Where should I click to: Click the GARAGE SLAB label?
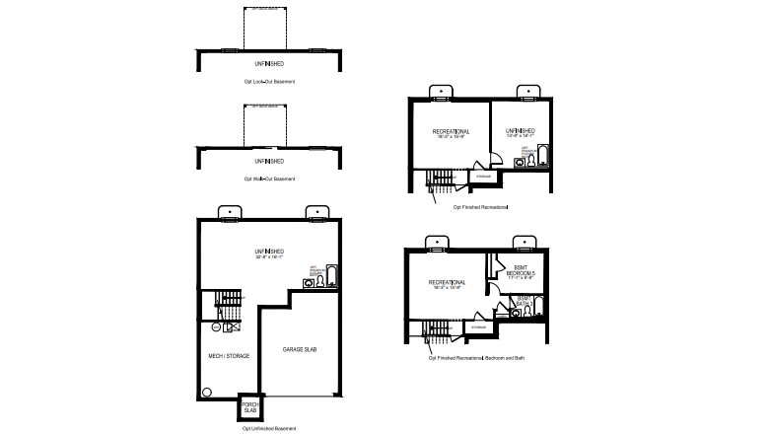(299, 350)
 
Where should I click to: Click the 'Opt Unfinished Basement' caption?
(268, 429)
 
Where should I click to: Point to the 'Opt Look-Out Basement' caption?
(269, 81)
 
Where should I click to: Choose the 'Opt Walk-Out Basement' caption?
(269, 179)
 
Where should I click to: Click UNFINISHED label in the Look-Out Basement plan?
(269, 63)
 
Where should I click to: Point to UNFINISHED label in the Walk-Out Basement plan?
(269, 160)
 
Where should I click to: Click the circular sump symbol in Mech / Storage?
(207, 391)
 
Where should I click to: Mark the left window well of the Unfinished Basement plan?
(227, 211)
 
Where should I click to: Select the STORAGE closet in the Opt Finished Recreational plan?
(483, 177)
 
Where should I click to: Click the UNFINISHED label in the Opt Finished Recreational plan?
(521, 131)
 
